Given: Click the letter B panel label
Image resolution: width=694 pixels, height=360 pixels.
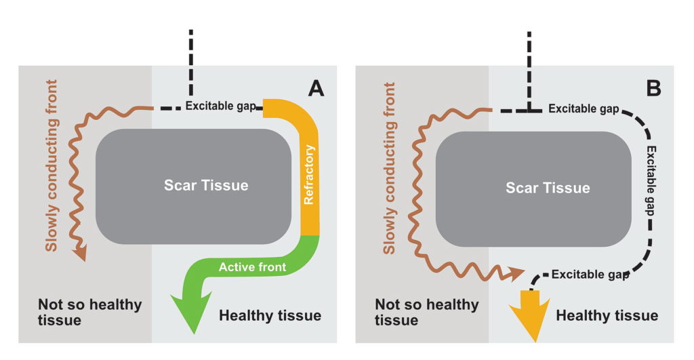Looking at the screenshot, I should click(654, 88).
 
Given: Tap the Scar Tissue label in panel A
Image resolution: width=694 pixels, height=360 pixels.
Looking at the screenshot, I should click(206, 185).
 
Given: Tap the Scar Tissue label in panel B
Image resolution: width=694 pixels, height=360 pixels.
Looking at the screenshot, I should click(548, 188).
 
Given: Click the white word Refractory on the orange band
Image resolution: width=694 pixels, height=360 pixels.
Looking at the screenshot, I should click(310, 174).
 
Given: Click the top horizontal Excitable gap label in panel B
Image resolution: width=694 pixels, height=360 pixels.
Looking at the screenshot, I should click(582, 108).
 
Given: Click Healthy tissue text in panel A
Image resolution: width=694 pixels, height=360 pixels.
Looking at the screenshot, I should click(270, 315).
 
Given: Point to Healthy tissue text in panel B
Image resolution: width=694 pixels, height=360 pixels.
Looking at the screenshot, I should click(607, 315).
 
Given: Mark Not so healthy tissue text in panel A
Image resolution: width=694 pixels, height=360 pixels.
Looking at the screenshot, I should click(89, 311).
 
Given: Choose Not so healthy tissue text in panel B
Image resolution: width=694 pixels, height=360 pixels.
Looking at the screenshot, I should click(428, 311).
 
